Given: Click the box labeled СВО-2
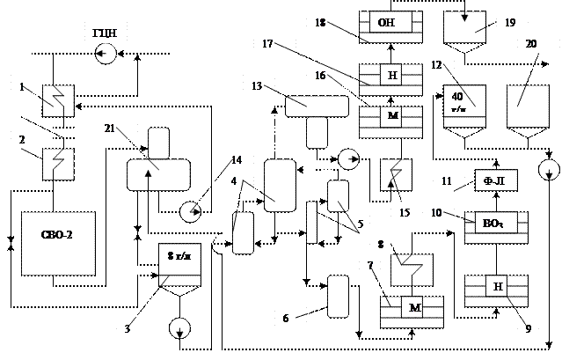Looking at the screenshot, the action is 57,237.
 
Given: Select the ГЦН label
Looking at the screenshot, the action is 106,33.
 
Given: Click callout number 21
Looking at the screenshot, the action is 110,129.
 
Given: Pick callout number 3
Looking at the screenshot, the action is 128,328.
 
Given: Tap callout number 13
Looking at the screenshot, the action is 257,85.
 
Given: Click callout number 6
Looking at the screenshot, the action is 285,317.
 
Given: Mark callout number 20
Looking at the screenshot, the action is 531,43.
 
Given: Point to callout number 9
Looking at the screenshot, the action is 527,330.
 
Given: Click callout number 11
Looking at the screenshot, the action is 447,180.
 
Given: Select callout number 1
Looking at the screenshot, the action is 21,87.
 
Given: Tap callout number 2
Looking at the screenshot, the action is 21,139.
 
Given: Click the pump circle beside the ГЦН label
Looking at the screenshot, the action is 106,55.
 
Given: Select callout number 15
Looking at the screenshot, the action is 405,212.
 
